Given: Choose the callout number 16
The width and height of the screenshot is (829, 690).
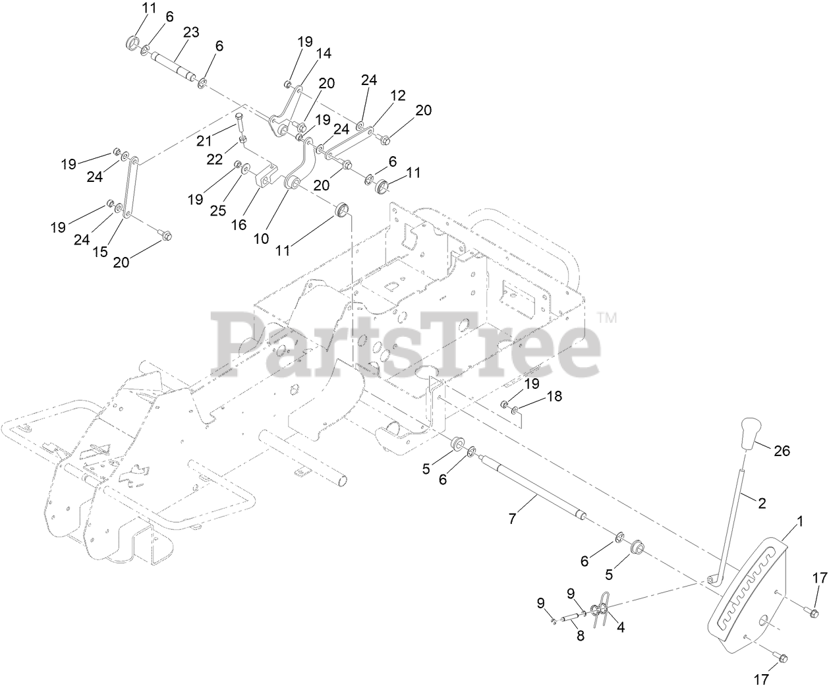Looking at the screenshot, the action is [x=239, y=225].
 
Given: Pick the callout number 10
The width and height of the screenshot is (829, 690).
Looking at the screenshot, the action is [x=262, y=238].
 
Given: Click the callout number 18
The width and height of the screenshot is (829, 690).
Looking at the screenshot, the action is [x=555, y=397].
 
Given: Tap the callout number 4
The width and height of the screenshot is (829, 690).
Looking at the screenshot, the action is [x=619, y=628].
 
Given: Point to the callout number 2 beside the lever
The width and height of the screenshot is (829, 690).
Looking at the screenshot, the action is [x=762, y=503].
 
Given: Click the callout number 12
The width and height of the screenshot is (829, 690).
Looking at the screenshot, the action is [x=397, y=95].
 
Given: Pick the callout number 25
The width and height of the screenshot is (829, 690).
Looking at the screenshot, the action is [x=218, y=210].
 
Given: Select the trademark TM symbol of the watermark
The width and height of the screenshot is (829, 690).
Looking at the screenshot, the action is [x=608, y=318].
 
